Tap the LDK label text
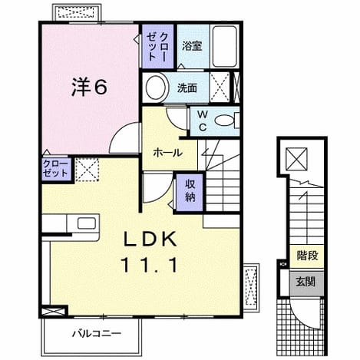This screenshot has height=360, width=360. pos(150,239)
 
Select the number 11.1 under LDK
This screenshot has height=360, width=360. pos(150,265)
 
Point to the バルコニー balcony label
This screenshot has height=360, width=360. pos(96,333)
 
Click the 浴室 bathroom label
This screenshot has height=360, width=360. pos(192,46)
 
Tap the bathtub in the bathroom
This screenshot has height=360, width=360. pos(224,46)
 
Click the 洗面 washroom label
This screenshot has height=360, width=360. pos(187,88)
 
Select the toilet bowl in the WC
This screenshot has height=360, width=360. pos(225,121)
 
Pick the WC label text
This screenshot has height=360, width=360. pos(203,121)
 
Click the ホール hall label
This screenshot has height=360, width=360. pos(167,153)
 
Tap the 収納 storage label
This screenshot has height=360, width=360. pos(190,190)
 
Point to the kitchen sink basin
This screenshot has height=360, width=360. pos(87,223)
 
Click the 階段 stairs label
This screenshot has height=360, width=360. pos(307,255)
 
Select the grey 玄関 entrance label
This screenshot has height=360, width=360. pos(306,282)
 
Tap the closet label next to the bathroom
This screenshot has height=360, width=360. pos(157,47)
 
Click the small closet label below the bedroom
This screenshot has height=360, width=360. pos(55,168)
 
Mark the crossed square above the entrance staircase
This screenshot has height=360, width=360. pos(296,159)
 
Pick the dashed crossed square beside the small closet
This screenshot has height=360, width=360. pos(87,170)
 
